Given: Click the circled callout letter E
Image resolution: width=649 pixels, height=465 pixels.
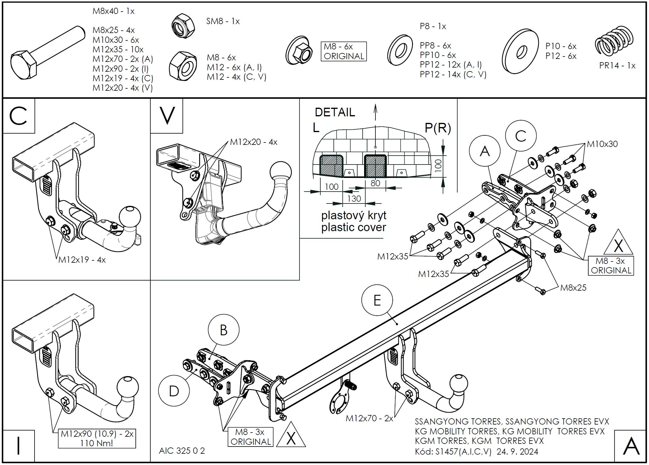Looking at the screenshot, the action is pyautogui.click(x=377, y=300).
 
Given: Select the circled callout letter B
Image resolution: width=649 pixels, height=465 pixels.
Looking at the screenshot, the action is pyautogui.click(x=223, y=330).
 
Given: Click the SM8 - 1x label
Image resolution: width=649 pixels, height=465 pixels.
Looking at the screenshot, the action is pyautogui.click(x=223, y=21).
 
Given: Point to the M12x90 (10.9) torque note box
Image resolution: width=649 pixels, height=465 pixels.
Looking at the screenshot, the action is pyautogui.click(x=97, y=438).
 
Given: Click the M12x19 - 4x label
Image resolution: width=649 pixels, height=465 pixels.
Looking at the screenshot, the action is pyautogui.click(x=82, y=260).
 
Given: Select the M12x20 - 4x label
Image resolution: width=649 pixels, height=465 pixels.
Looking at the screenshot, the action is pyautogui.click(x=254, y=142).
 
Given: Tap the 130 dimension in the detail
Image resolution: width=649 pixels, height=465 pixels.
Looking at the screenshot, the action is pyautogui.click(x=354, y=198).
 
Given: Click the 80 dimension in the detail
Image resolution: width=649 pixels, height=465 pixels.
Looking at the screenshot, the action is pyautogui.click(x=375, y=183).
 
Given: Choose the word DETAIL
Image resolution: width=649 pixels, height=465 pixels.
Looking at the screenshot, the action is pyautogui.click(x=335, y=112).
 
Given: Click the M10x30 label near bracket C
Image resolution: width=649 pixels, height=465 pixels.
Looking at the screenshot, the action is pyautogui.click(x=602, y=144).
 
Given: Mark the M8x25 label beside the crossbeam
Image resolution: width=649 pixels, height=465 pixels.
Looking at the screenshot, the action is pyautogui.click(x=573, y=288).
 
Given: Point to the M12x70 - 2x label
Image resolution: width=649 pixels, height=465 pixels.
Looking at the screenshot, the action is pyautogui.click(x=369, y=418).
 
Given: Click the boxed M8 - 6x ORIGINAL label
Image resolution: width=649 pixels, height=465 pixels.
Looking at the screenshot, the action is pyautogui.click(x=344, y=51).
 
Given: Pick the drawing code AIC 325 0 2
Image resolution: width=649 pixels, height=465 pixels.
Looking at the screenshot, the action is pyautogui.click(x=182, y=451).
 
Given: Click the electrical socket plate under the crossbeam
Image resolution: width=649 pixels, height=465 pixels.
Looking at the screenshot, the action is pyautogui.click(x=340, y=399).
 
